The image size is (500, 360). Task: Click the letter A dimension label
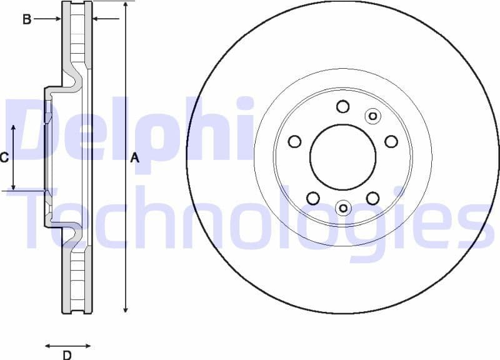click(x=134, y=159)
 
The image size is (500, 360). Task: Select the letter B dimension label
click(x=27, y=19)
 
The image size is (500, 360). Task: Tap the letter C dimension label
click(x=4, y=158)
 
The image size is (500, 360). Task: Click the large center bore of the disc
click(x=342, y=156)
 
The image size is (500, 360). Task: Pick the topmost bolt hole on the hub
click(x=342, y=106)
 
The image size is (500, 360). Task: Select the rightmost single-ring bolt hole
click(x=391, y=141)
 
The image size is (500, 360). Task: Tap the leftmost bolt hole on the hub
click(x=294, y=141)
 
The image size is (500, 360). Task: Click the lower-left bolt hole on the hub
click(x=313, y=198)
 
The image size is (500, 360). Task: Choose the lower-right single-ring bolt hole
click(x=372, y=198)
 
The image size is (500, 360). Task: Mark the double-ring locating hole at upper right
click(x=372, y=116)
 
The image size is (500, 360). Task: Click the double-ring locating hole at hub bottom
click(x=342, y=207)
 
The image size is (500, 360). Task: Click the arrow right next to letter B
click(x=47, y=19)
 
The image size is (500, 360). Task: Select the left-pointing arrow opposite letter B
click(x=105, y=19)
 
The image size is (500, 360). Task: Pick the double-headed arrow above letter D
click(x=67, y=345)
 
